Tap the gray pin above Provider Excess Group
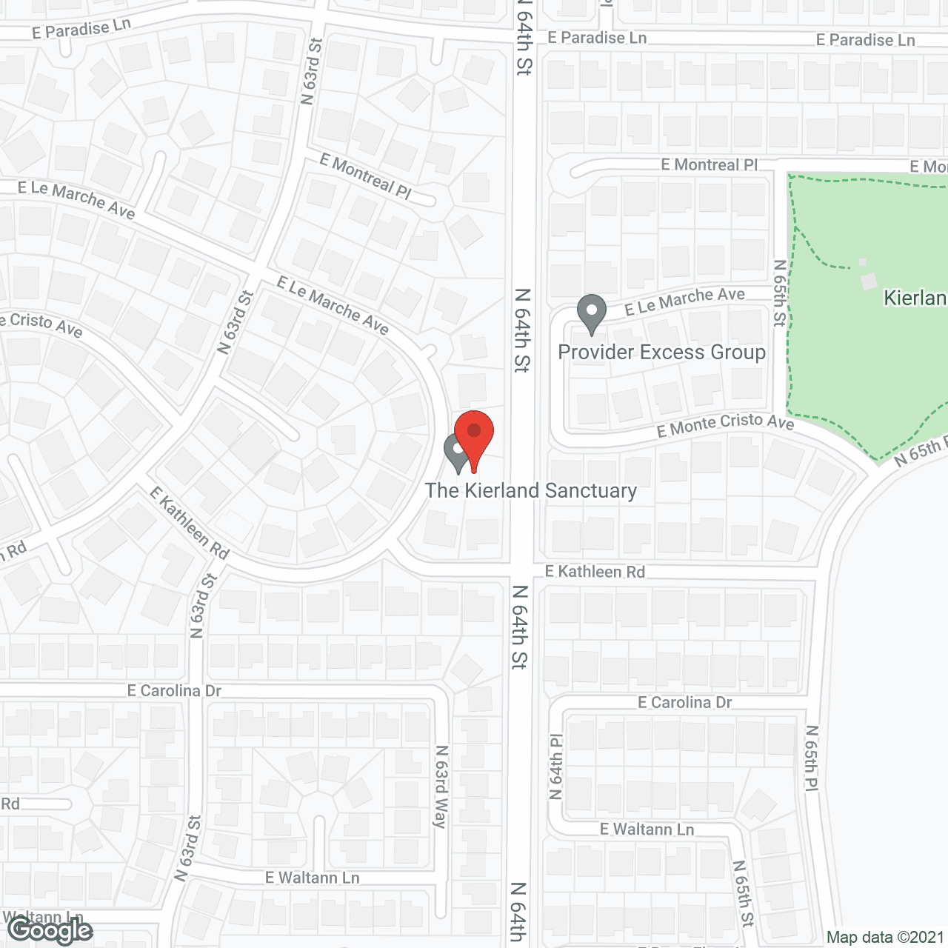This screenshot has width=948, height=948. pyautogui.click(x=591, y=313)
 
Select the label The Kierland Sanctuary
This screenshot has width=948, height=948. pyautogui.click(x=530, y=491)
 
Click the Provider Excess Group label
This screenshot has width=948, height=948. pyautogui.click(x=661, y=353)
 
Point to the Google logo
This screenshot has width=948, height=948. pyautogui.click(x=50, y=930)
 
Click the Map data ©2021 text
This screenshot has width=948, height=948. pyautogui.click(x=885, y=937)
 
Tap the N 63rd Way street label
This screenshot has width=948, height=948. pyautogui.click(x=441, y=786)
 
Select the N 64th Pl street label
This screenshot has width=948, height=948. pyautogui.click(x=556, y=767)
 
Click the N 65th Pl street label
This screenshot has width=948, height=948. pyautogui.click(x=812, y=758)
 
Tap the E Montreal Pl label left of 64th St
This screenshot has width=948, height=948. pyautogui.click(x=365, y=176)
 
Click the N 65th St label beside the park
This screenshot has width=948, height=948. pyautogui.click(x=780, y=293)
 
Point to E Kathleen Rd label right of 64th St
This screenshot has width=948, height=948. pyautogui.click(x=595, y=572)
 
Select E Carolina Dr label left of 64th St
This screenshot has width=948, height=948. pyautogui.click(x=174, y=691)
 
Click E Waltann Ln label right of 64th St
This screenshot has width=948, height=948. pyautogui.click(x=647, y=829)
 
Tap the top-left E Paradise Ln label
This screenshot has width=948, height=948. pyautogui.click(x=81, y=29)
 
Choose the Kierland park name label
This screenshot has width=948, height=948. pyautogui.click(x=915, y=298)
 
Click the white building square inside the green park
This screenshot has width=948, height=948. pyautogui.click(x=869, y=281)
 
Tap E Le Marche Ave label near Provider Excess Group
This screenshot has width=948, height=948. pyautogui.click(x=684, y=300)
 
